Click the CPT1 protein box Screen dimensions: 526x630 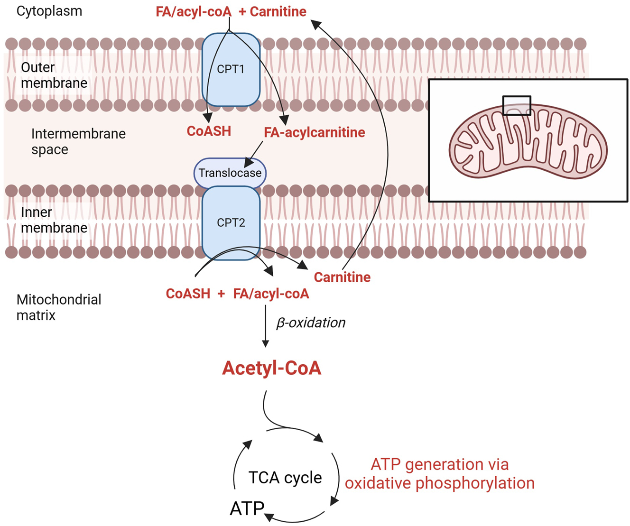point(231,69)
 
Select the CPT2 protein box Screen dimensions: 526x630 point(231,222)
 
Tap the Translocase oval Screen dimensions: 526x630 point(230,173)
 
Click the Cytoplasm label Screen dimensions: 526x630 point(49,11)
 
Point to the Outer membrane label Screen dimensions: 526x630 point(54,75)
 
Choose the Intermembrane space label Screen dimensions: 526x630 point(78,141)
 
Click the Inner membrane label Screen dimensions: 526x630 point(54,220)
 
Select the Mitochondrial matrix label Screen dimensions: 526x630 point(58,307)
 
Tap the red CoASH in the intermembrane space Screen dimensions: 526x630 point(209,131)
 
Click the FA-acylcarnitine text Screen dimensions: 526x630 point(315,132)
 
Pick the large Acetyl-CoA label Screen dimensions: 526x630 point(271,368)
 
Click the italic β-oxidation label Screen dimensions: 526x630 point(311,323)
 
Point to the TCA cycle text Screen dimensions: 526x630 point(285,478)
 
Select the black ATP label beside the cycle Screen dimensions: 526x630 point(247,508)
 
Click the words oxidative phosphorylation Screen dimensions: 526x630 point(439,483)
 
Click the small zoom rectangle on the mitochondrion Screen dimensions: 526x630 point(517,105)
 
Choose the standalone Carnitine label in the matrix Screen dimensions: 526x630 point(342,277)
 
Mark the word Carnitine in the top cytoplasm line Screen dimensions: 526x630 point(278,11)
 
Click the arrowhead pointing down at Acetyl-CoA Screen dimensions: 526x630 point(265,344)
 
